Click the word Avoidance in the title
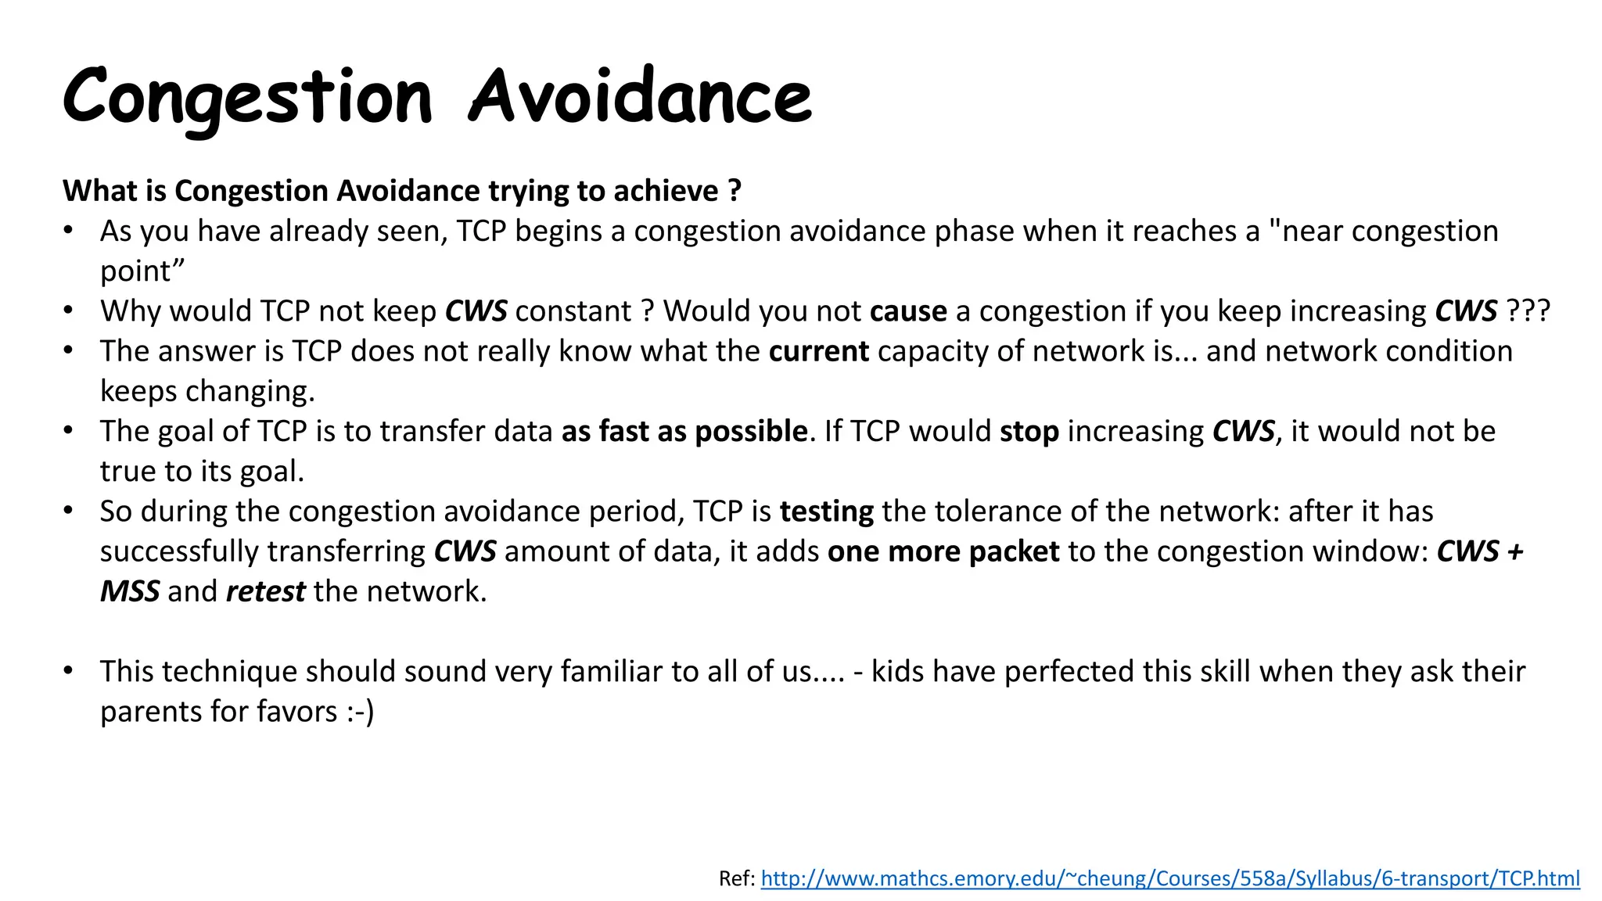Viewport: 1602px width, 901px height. point(640,97)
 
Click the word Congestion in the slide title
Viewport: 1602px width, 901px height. point(247,97)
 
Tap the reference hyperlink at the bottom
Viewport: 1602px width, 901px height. point(1169,878)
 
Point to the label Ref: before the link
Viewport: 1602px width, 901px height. point(737,878)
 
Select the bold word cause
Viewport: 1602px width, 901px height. point(907,311)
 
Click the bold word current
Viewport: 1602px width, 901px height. point(818,351)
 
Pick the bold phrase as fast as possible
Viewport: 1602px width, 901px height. point(684,432)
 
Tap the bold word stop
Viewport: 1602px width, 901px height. point(1029,432)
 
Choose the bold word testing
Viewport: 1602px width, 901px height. point(826,512)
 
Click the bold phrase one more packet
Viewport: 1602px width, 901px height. point(943,551)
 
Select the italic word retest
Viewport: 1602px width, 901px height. point(265,591)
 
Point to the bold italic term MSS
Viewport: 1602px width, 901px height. point(130,591)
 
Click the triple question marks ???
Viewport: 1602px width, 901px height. point(1528,311)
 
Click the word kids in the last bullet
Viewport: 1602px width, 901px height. point(897,672)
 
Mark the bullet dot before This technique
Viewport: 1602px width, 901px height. point(69,671)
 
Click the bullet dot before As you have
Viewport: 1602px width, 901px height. point(69,231)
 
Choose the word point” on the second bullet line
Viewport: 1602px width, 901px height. point(142,271)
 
